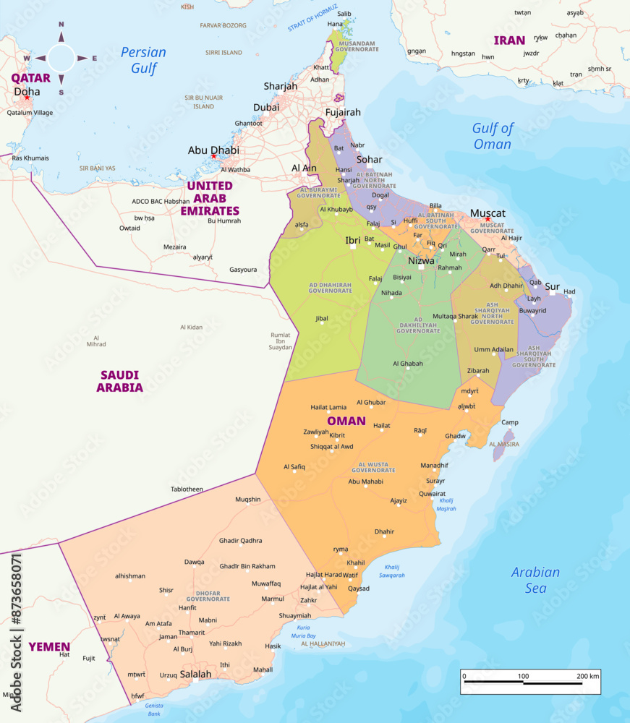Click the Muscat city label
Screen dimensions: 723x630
pyautogui.click(x=488, y=213)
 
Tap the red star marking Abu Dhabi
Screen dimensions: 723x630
pyautogui.click(x=213, y=156)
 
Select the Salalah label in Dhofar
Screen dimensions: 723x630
pyautogui.click(x=195, y=674)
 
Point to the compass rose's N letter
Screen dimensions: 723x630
pyautogui.click(x=61, y=25)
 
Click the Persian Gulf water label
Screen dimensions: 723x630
pyautogui.click(x=143, y=60)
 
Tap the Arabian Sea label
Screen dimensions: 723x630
pyautogui.click(x=535, y=580)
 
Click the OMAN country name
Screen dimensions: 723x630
pyautogui.click(x=346, y=421)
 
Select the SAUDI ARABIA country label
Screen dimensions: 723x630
pyautogui.click(x=120, y=381)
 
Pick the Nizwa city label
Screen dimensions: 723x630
pyautogui.click(x=422, y=260)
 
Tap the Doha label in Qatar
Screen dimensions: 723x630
pyautogui.click(x=27, y=92)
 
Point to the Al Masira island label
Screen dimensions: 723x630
pyautogui.click(x=503, y=444)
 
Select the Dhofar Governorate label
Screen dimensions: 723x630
pyautogui.click(x=208, y=596)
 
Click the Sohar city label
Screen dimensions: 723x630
pyautogui.click(x=369, y=159)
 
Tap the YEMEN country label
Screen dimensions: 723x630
pyautogui.click(x=49, y=646)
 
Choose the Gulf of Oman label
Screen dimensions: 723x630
pyautogui.click(x=492, y=136)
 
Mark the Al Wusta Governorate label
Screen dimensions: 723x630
pyautogui.click(x=374, y=467)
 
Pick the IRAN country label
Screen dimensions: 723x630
pyautogui.click(x=509, y=40)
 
